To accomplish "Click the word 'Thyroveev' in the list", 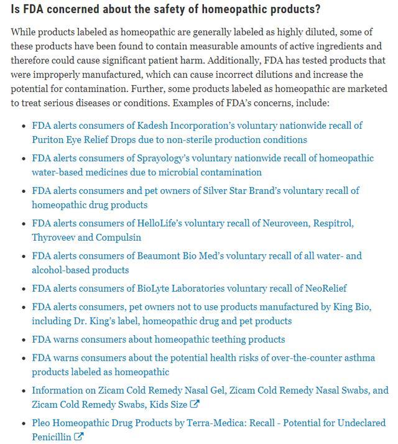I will [53, 238].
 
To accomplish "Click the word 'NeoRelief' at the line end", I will [324, 289].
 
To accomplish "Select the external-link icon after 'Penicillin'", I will [78, 437].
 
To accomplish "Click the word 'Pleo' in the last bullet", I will [42, 423].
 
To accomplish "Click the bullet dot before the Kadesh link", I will [24, 126].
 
